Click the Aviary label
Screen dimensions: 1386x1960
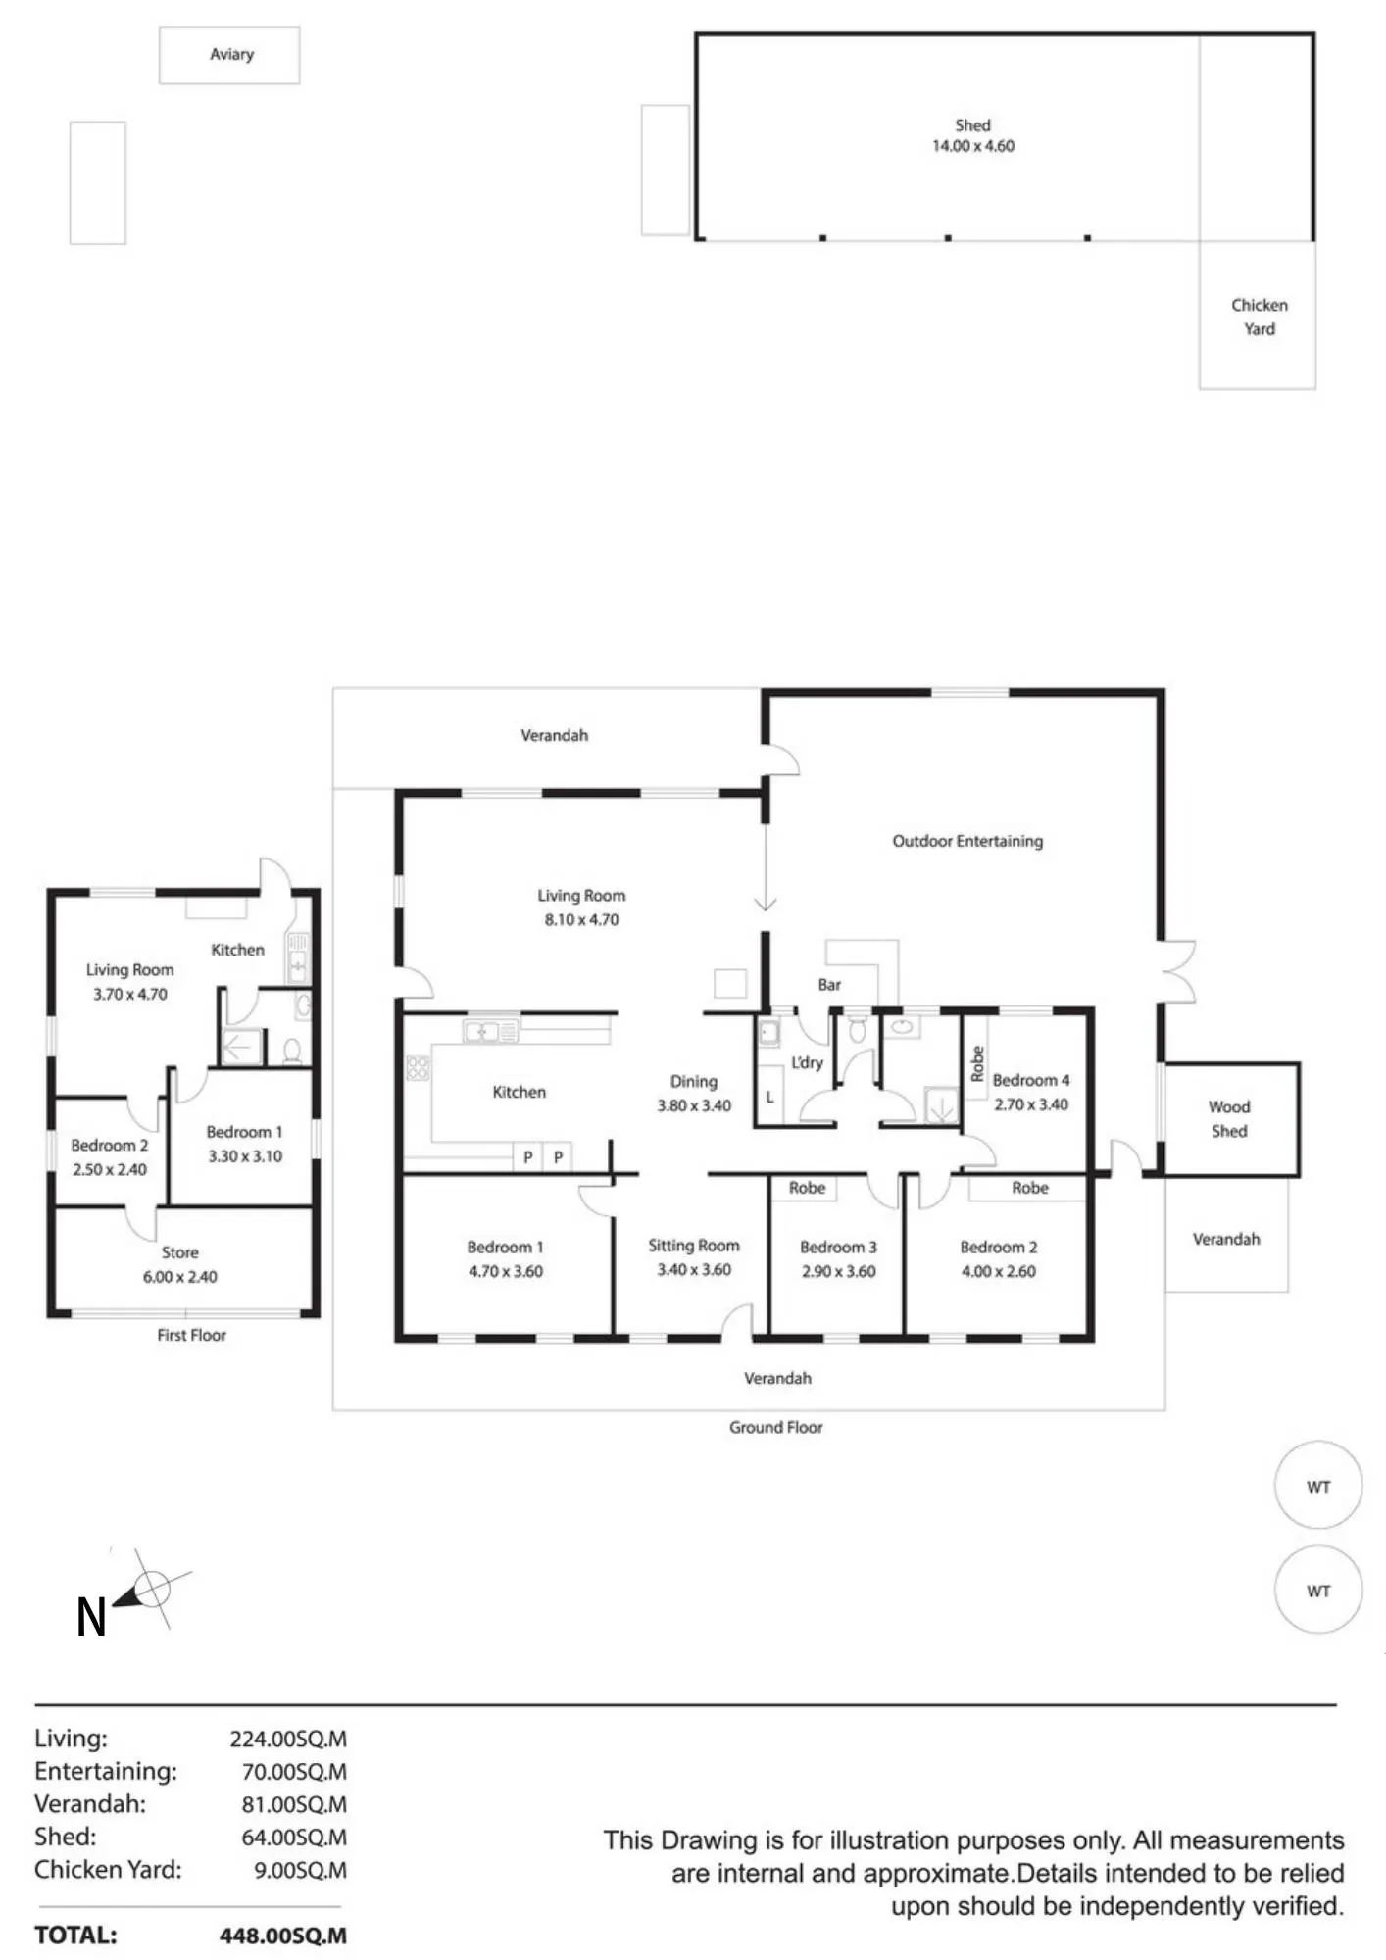point(231,55)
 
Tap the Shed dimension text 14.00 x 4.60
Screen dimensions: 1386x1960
point(972,146)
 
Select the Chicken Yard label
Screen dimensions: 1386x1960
point(1260,317)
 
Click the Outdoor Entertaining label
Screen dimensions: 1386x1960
point(967,841)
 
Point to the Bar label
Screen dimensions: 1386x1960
point(829,985)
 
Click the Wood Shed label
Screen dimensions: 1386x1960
point(1229,1119)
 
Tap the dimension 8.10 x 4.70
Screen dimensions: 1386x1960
point(581,920)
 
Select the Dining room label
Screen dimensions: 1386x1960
point(694,1082)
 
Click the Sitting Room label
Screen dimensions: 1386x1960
point(694,1246)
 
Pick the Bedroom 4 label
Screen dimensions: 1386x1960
point(1031,1080)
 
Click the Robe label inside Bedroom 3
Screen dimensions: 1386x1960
point(807,1188)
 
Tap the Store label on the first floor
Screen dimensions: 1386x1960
point(180,1252)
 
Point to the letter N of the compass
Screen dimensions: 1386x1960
point(91,1618)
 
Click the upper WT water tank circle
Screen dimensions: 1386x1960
point(1318,1441)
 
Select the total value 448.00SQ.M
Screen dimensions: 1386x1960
point(283,1935)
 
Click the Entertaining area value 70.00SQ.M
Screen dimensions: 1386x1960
point(294,1772)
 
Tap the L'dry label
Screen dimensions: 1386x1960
point(807,1063)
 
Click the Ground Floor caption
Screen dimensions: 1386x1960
point(776,1428)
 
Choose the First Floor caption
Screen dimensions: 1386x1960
point(192,1335)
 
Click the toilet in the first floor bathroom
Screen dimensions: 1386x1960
point(291,1053)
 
